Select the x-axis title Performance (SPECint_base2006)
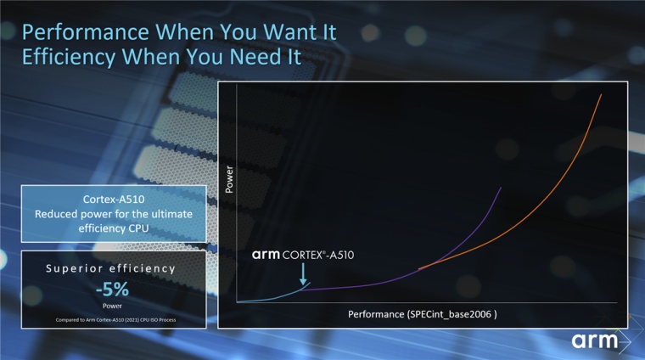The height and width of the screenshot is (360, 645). [x=422, y=314]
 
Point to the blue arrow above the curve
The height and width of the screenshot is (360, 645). [x=303, y=273]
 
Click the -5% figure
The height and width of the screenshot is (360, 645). [x=112, y=290]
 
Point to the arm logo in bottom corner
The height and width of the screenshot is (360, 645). [x=597, y=341]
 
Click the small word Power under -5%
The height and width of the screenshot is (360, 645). [x=112, y=306]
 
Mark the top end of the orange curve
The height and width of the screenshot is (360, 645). [x=601, y=95]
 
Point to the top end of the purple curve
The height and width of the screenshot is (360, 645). [x=501, y=187]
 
